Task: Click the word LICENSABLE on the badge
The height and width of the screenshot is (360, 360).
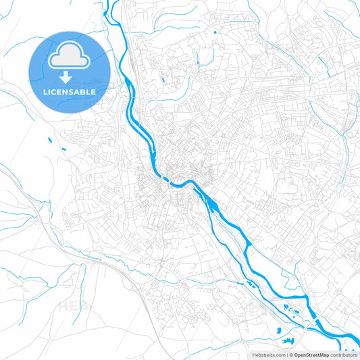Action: (70, 92)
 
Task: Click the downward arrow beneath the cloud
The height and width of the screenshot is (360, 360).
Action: (70, 79)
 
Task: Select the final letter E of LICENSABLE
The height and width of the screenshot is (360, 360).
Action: (93, 92)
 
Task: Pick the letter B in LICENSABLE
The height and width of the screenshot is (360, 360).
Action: (82, 92)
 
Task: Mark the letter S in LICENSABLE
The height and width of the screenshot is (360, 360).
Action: (72, 92)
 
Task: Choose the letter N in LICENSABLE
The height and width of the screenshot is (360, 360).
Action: (66, 92)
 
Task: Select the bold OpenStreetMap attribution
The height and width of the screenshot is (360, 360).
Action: (311, 355)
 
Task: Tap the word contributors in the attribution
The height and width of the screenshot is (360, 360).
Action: (344, 355)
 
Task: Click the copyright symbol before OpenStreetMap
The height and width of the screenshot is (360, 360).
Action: (291, 355)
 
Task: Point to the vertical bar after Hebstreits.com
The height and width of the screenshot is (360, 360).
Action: (286, 355)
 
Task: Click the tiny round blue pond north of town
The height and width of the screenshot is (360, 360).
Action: (215, 32)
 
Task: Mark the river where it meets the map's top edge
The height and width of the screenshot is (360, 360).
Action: (105, 3)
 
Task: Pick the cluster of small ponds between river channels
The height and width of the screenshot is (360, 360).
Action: (290, 308)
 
